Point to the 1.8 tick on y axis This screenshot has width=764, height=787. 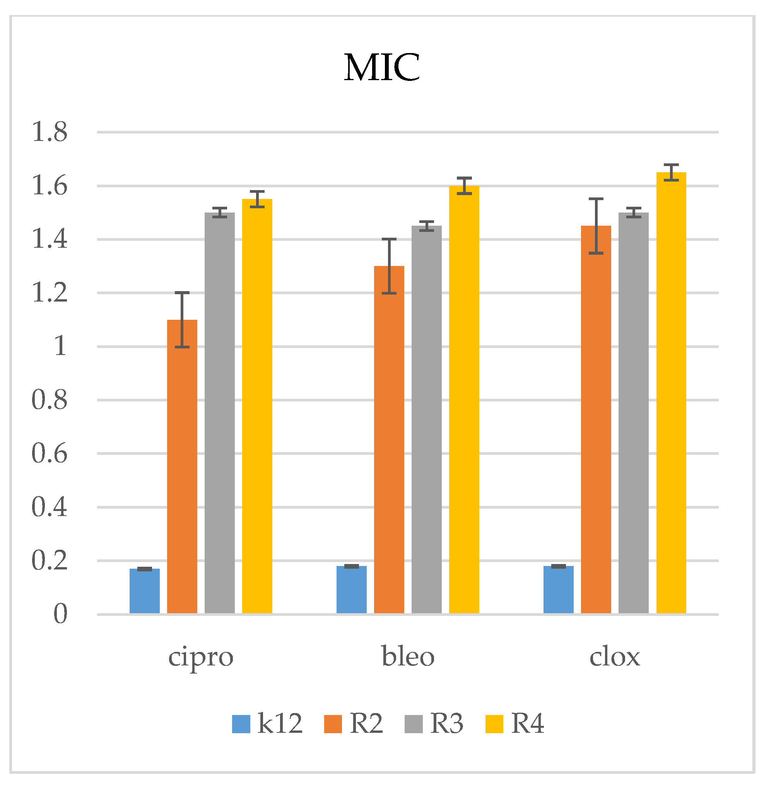[x=50, y=132]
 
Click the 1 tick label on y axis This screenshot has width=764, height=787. [x=60, y=346]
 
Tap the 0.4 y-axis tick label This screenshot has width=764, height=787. [x=50, y=507]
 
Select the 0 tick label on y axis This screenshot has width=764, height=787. [x=60, y=614]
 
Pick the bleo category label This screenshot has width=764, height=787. [x=408, y=657]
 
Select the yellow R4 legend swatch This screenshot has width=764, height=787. [x=494, y=724]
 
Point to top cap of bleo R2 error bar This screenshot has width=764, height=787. [x=389, y=239]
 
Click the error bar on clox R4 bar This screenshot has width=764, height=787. [x=671, y=173]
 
